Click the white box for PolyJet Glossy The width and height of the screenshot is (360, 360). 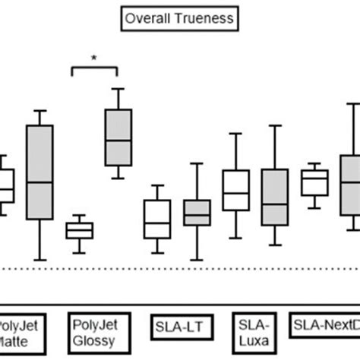pos(79,229)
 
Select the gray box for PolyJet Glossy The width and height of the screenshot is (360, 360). pos(118,137)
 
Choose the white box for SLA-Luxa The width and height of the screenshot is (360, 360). pos(236,191)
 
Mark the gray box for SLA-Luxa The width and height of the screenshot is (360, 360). pos(275,197)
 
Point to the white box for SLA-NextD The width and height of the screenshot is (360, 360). pos(314,183)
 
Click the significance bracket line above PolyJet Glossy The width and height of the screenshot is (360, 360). pos(94,67)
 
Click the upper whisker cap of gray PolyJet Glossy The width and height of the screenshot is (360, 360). pos(118,89)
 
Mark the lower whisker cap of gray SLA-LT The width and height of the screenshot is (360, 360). pos(197,260)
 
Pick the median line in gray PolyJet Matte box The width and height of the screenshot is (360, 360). pos(39,182)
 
